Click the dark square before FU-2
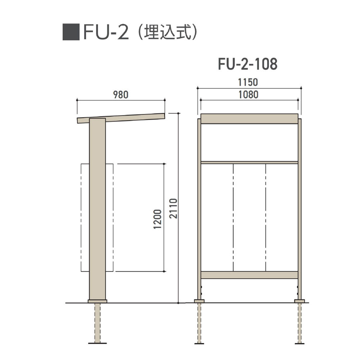tap(71, 32)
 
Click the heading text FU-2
tap(106, 33)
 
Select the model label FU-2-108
tap(248, 65)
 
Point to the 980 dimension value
tap(121, 95)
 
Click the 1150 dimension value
tap(249, 82)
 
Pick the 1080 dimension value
tap(249, 95)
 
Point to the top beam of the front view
tap(249, 119)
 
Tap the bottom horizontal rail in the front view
tap(249, 275)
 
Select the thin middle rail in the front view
tap(249, 162)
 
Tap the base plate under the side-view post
tap(97, 301)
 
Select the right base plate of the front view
tap(299, 301)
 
